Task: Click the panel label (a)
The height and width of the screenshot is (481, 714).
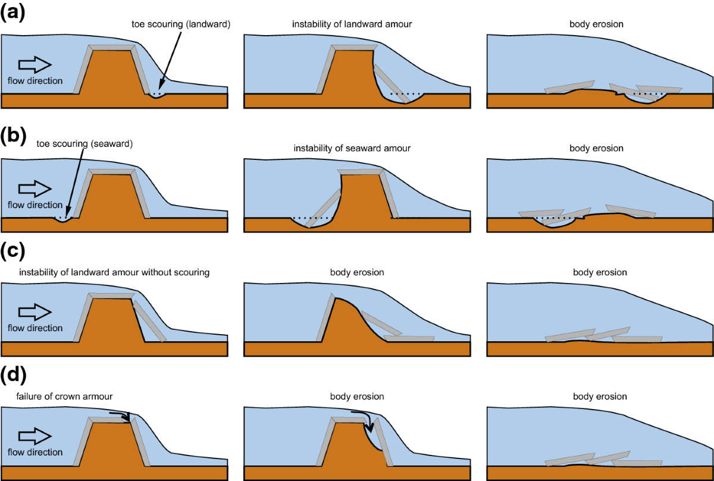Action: (x=12, y=13)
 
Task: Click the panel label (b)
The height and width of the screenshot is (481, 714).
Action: (x=12, y=136)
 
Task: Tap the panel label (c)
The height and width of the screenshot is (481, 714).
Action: (x=12, y=252)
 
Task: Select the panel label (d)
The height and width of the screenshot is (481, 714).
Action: (x=12, y=376)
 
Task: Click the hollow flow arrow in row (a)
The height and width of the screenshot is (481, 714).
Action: (x=35, y=64)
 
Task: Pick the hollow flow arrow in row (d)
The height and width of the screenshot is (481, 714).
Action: (x=35, y=436)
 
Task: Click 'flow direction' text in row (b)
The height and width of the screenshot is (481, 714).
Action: (x=35, y=205)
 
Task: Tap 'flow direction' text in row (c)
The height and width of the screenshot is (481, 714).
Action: (x=35, y=328)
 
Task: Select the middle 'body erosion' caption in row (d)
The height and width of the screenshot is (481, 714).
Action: (x=357, y=397)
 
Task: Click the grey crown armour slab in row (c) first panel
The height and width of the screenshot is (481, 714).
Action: (x=112, y=295)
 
